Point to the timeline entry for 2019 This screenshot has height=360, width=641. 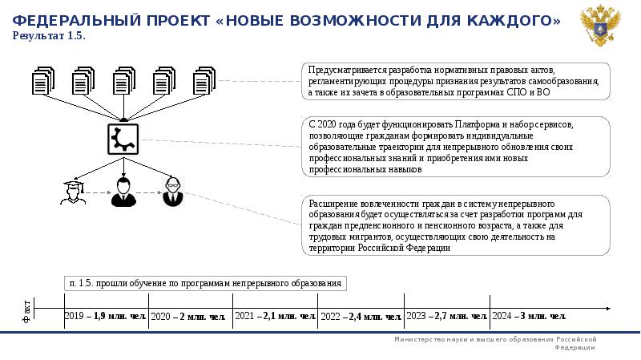[105, 316]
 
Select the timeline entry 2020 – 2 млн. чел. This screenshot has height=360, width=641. [188, 317]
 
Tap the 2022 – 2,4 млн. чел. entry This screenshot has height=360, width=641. [361, 317]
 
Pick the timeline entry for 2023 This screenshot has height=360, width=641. [446, 316]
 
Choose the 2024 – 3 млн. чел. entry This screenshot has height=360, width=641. [529, 316]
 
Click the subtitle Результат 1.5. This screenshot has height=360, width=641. [49, 36]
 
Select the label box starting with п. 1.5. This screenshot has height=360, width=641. [206, 283]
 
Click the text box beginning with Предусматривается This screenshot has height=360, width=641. [455, 83]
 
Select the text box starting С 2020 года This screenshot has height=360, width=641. [455, 148]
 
